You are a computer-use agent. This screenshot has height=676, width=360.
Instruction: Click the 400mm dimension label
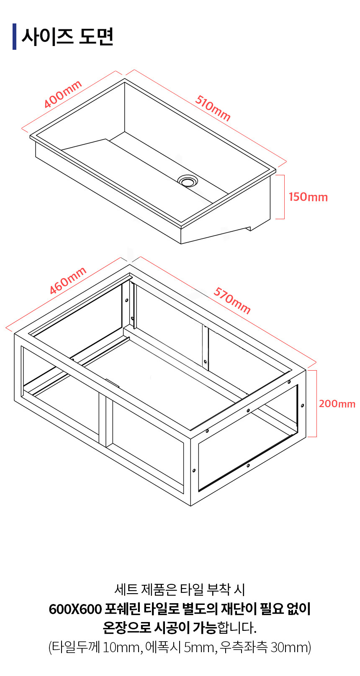tap(63, 94)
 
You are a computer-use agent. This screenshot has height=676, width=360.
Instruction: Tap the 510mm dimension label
tap(213, 108)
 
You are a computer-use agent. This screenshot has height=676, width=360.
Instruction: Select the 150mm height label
tap(308, 197)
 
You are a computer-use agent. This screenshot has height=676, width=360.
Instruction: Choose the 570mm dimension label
tap(232, 300)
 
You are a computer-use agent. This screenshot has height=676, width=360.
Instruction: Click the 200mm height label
tap(337, 404)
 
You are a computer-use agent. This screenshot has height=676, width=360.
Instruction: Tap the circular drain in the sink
tap(188, 181)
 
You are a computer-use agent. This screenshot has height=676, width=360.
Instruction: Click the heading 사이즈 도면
tap(68, 36)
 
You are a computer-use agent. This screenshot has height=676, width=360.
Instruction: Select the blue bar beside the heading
tap(14, 36)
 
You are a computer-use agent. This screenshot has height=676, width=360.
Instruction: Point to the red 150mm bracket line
tap(284, 197)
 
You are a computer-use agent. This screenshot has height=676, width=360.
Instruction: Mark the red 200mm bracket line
tap(316, 404)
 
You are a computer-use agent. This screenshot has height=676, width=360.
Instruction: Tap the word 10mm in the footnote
tap(121, 648)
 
